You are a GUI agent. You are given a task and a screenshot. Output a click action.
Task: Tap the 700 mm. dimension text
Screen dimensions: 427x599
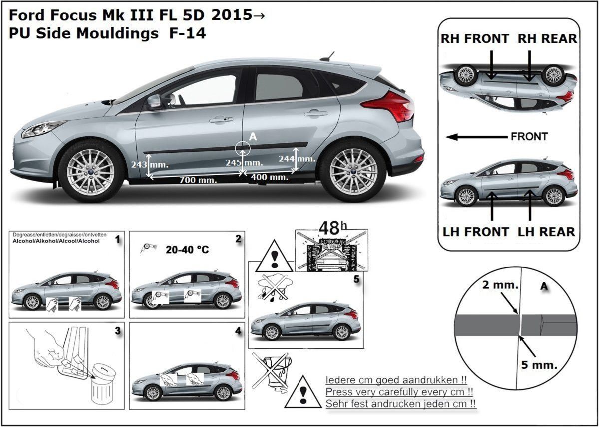[x=198, y=180]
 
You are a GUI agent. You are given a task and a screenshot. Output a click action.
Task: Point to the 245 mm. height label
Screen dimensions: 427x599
[x=244, y=163]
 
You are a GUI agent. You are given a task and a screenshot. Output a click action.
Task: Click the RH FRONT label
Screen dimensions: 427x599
[x=475, y=39]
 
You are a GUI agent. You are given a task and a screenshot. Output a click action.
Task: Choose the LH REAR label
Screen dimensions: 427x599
[x=546, y=232]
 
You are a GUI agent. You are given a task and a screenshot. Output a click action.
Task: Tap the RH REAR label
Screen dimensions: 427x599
[x=547, y=39]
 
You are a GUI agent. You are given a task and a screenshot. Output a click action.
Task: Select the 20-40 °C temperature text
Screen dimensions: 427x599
[x=187, y=249]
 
